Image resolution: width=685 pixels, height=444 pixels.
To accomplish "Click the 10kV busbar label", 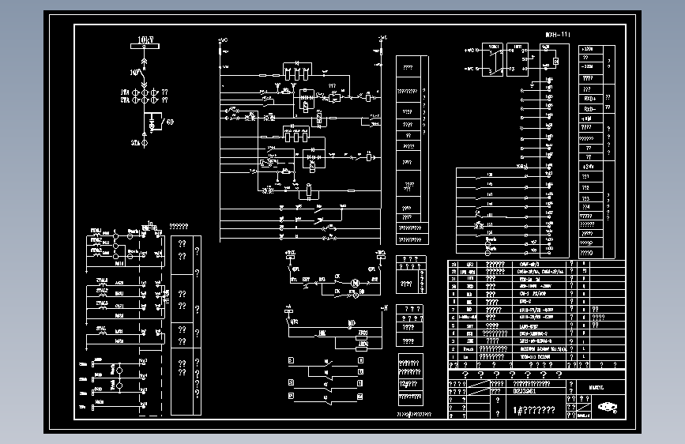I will coord(144,39).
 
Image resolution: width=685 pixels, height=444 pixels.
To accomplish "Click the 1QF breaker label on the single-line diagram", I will coord(135,72).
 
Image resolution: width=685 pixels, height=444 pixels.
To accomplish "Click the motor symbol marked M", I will coord(355,282).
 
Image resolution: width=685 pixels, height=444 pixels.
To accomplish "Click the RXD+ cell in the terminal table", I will coord(589,98).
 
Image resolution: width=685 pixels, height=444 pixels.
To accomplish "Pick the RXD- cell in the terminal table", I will coord(589,108).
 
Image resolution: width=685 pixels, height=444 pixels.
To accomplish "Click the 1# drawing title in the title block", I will coord(534,410).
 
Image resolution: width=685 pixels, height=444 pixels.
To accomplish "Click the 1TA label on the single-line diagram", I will coord(125,92).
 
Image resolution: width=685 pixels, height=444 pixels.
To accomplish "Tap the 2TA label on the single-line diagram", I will coord(125,101).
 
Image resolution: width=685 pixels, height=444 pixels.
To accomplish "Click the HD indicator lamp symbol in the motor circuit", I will coord(361,292).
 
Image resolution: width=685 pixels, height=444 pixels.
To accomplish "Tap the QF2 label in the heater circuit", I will coord(294,322).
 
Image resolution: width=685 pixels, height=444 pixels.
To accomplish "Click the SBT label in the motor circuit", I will coord(306,279).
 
